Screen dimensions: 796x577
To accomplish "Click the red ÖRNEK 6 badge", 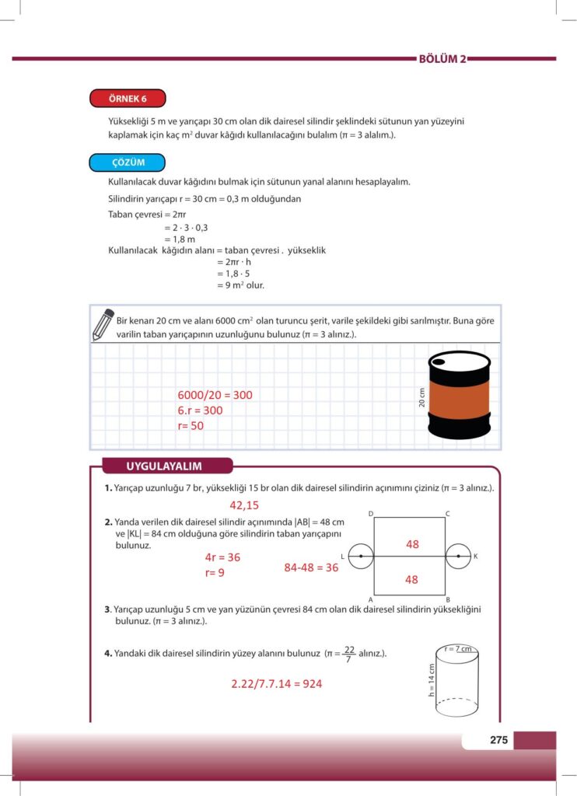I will point(128,99).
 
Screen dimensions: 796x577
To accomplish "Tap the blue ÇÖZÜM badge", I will point(128,162).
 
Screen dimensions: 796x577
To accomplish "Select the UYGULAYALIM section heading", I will point(164,466).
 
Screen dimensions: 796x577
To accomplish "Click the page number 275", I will point(498,740).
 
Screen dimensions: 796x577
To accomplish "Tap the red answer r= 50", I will point(191,426).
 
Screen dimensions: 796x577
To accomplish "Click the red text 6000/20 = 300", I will point(215,395).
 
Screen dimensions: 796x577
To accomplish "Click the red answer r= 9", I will point(215,573).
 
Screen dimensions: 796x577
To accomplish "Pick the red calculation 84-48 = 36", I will point(311,567).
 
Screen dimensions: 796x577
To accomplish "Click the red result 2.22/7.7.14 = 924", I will point(276,684).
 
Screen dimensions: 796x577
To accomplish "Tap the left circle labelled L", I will point(360,557).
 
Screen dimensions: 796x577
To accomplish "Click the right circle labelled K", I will point(458,557).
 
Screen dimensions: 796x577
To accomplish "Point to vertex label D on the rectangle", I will point(371,514).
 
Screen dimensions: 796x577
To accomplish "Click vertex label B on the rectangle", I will point(448,599).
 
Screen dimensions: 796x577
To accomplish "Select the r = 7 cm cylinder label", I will point(458,648).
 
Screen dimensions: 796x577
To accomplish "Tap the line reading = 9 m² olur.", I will point(241,285).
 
